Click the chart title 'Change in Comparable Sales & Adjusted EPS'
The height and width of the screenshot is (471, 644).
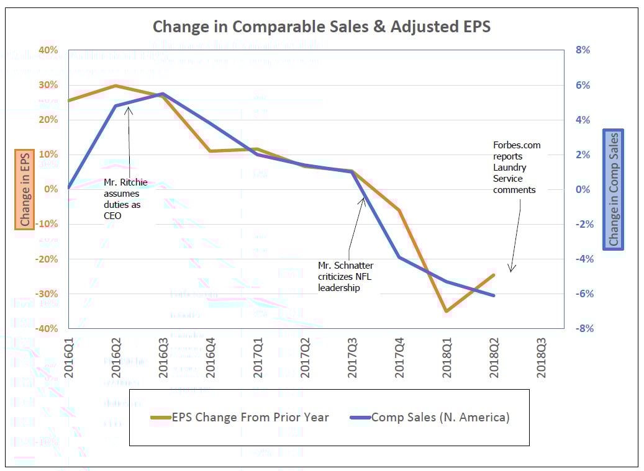(x=322, y=27)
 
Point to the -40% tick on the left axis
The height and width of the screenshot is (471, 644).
(x=47, y=328)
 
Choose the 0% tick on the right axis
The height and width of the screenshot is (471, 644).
(x=583, y=189)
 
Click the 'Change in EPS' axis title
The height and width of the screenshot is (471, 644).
(x=25, y=189)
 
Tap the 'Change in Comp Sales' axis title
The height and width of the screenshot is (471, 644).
(x=613, y=189)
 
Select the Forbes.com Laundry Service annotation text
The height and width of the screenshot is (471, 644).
(x=517, y=168)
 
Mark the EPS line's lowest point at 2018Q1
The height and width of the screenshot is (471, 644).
(x=447, y=311)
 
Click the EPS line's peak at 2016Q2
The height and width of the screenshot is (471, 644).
(x=116, y=86)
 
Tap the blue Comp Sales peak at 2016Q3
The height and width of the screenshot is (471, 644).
(x=163, y=94)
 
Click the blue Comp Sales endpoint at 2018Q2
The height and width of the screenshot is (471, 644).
(x=494, y=295)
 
